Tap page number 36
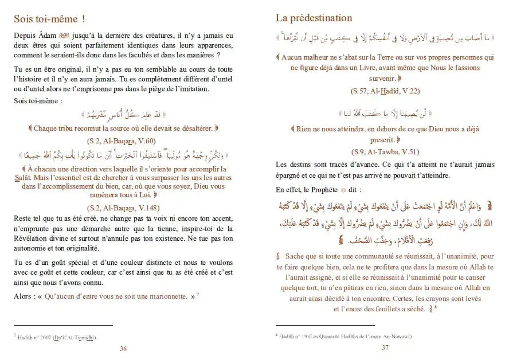pyautogui.click(x=123, y=348)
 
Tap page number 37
pyautogui.click(x=385, y=348)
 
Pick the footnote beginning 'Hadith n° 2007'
pyautogui.click(x=55, y=338)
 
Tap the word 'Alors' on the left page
pyautogui.click(x=24, y=296)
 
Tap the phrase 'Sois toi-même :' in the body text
pyautogui.click(x=37, y=101)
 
